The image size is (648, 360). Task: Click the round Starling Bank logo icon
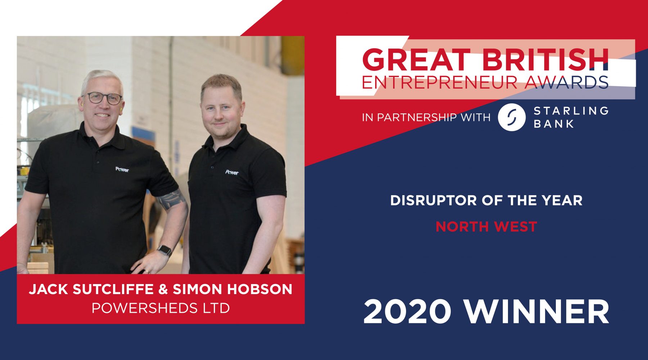coord(511,117)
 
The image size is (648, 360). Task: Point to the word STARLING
coord(571,111)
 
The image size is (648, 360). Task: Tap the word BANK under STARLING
coord(554,124)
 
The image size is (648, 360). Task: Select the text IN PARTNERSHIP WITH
coord(426,117)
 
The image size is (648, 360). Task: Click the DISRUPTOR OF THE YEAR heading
coord(486,201)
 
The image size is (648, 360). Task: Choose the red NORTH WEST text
coord(486,227)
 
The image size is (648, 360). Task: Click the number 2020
coord(407,312)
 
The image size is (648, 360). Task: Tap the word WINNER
coord(536,312)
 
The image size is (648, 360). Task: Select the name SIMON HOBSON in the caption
coord(233,289)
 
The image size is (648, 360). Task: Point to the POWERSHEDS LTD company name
coord(161,308)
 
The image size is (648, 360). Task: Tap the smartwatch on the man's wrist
coord(165,250)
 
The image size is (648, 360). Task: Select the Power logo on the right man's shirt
coord(232,172)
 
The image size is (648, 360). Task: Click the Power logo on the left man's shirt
coord(122,169)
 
